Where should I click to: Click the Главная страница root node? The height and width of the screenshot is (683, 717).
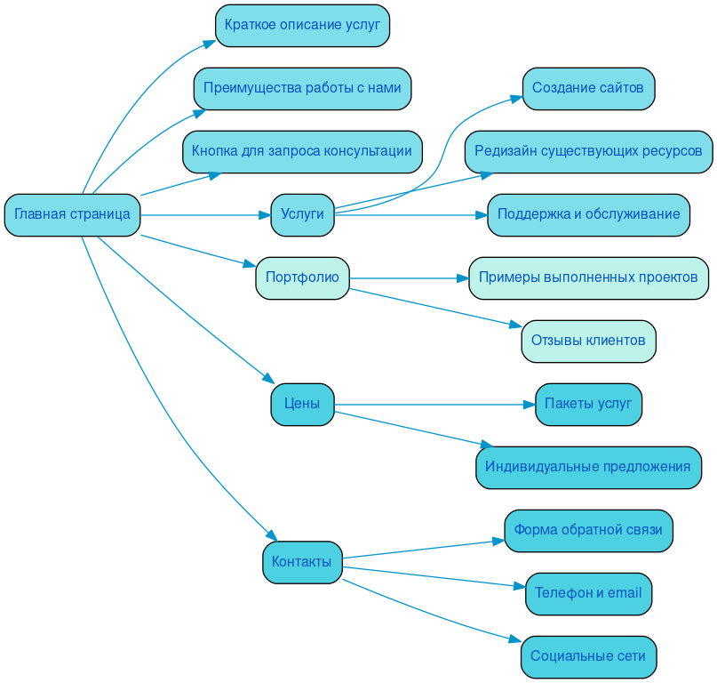coord(72,214)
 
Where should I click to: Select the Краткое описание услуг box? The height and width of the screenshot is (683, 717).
coord(302,25)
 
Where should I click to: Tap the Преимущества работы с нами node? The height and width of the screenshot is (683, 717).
coord(302,88)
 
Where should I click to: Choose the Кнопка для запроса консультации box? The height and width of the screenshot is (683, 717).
coord(302,151)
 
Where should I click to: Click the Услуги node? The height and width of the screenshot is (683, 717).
coord(302,214)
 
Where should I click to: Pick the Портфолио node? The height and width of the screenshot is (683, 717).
coord(302,277)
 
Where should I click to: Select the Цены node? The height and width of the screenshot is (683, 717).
coord(302,405)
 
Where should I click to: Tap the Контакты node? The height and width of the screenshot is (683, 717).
coord(302,562)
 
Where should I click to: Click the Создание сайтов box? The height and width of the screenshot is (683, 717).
coord(588,88)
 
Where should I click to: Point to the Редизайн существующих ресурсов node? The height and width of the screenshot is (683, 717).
coord(588,151)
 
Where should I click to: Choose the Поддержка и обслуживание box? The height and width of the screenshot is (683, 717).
coord(588,214)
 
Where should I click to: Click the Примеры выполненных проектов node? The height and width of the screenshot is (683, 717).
coord(588,277)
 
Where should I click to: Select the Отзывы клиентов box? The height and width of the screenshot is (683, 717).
coord(588,341)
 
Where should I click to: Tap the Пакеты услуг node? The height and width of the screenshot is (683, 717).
coord(588,404)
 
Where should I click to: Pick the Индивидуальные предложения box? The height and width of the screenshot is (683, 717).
coord(588,467)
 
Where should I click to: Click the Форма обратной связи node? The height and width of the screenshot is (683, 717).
coord(588,530)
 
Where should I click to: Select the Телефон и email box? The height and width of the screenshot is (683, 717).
coord(588,593)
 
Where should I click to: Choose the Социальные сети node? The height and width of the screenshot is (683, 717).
coord(588,656)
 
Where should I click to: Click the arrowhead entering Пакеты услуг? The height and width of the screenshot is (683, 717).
coord(529,405)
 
